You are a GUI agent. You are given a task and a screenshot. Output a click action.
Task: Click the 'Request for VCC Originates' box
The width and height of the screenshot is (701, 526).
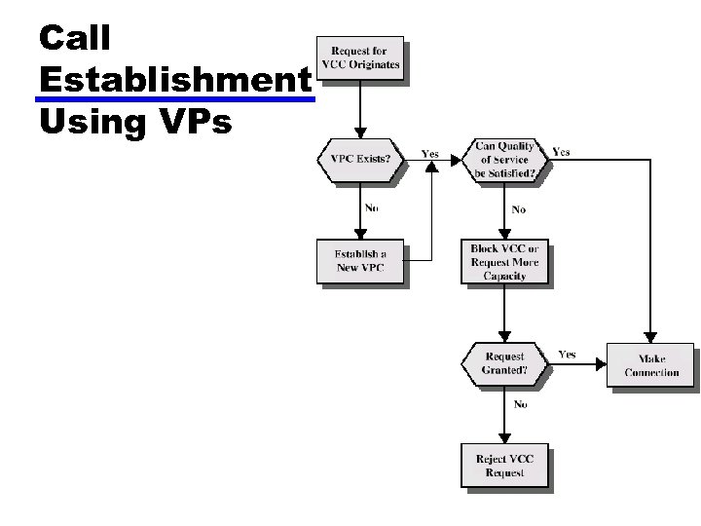tap(358, 57)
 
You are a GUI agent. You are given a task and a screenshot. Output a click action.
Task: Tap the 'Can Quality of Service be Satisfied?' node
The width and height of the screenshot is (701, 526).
tap(502, 160)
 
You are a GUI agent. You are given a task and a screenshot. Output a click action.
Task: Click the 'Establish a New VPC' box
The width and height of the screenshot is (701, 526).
tap(358, 261)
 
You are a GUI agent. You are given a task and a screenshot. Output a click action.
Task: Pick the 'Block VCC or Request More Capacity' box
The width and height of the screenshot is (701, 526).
tap(504, 262)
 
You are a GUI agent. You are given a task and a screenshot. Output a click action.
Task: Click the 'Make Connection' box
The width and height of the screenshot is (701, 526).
tap(650, 365)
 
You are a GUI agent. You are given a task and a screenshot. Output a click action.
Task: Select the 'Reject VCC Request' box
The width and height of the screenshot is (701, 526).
tap(504, 466)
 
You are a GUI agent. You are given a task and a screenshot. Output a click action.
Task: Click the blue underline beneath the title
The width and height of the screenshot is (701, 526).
tap(175, 99)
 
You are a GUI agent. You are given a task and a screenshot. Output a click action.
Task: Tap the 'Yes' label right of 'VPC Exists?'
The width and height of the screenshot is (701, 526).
tap(429, 154)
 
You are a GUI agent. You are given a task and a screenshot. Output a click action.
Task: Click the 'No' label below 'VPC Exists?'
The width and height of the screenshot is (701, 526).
tap(372, 207)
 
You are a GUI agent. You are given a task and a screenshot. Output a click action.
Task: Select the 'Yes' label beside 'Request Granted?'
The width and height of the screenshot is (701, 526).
tap(567, 355)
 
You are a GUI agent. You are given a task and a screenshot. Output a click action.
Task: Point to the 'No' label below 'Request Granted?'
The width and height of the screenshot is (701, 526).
tap(520, 404)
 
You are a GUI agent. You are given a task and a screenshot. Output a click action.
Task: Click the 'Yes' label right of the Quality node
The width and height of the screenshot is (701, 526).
tap(562, 152)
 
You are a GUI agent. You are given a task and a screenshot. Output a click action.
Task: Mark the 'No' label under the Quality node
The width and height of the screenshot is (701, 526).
tap(518, 209)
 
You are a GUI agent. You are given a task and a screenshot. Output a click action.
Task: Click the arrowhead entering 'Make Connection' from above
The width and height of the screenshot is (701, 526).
tap(650, 337)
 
